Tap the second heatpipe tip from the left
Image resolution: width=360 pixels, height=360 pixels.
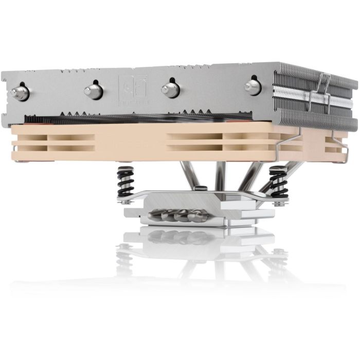(94, 92)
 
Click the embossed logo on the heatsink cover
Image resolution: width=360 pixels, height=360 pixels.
(133, 87)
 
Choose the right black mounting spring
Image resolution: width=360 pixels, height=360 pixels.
(278, 181)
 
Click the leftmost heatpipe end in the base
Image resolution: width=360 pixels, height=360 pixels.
(155, 215)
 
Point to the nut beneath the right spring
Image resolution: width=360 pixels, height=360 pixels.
(278, 203)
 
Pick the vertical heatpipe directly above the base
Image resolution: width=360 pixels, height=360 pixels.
(221, 175)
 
